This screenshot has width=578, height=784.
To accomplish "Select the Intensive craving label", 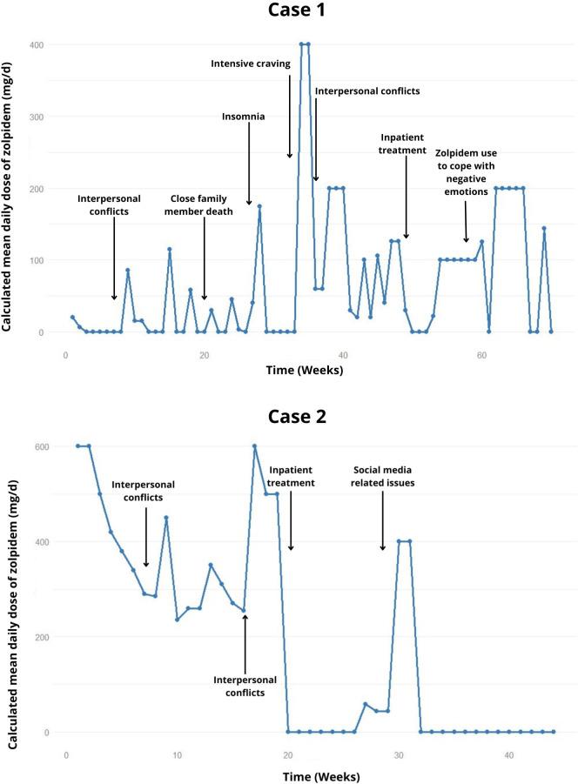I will click(x=251, y=64).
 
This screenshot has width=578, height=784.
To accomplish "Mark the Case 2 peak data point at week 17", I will click(x=255, y=446).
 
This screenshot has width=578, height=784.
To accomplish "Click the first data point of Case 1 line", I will click(x=72, y=318).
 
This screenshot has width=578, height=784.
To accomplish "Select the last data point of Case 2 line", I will click(x=553, y=732).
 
